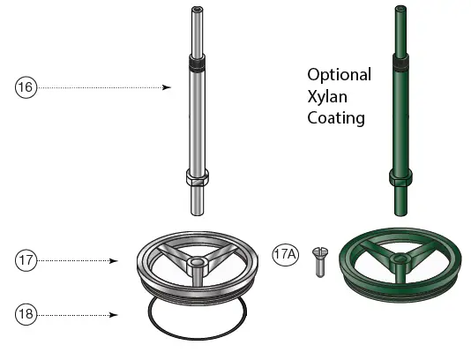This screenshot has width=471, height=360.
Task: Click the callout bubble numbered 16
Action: [x=26, y=87]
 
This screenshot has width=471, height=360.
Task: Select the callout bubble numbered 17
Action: [x=26, y=260]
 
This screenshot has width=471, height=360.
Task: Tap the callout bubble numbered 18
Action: [x=26, y=313]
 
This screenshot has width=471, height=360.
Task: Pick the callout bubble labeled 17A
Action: [x=287, y=254]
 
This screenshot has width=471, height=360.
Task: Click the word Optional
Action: [x=339, y=74]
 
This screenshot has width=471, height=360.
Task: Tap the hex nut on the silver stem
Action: [x=197, y=178]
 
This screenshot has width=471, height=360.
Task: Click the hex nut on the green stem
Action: [x=401, y=179]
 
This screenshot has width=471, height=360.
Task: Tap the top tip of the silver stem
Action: [x=196, y=11]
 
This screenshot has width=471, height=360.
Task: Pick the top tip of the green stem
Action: [x=401, y=11]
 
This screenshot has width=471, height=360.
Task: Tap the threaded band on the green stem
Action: [x=401, y=66]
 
